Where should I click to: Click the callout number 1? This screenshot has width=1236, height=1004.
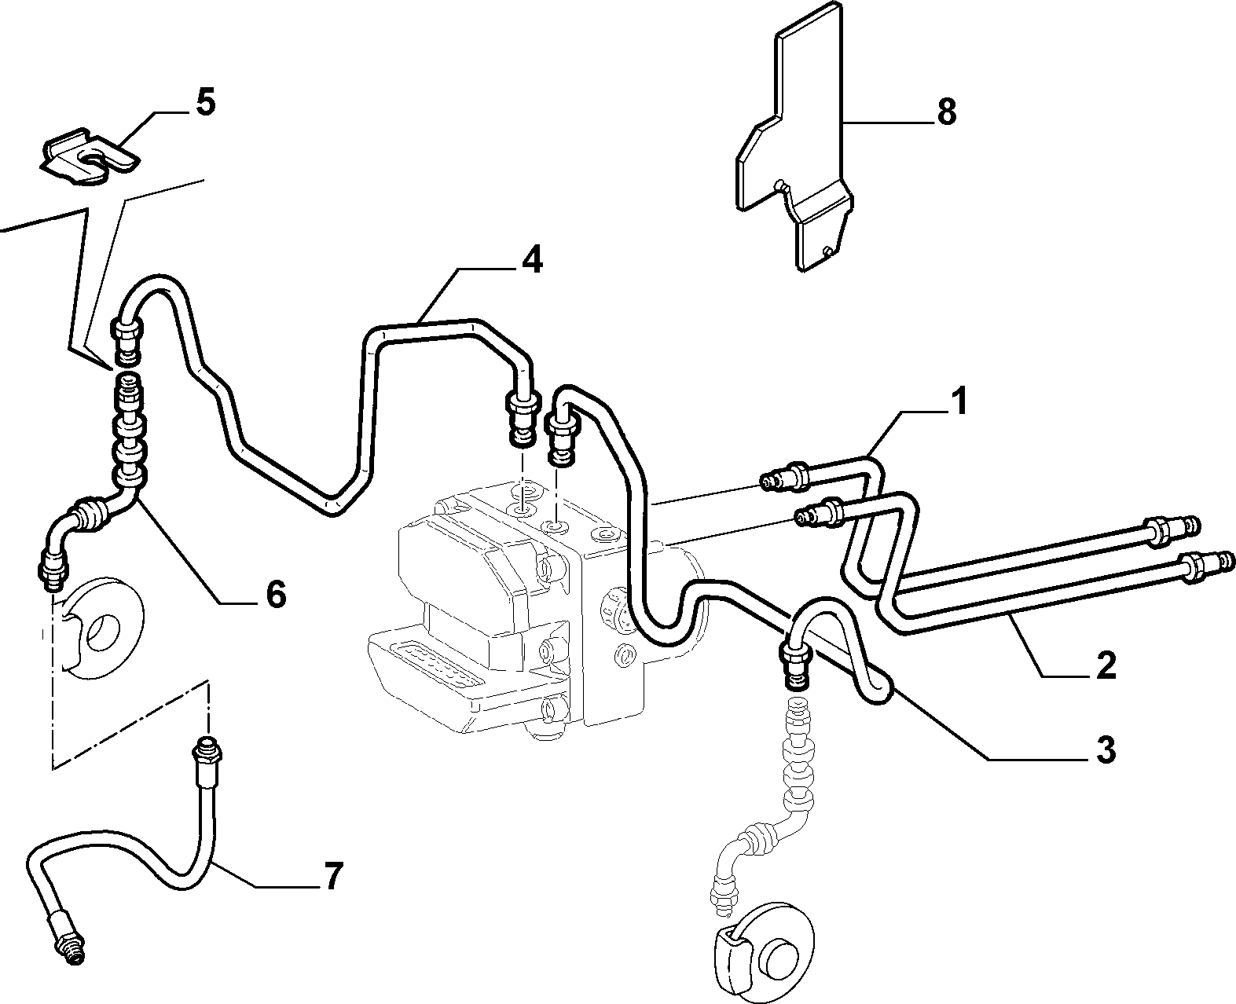tap(959, 402)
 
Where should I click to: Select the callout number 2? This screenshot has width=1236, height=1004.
tap(1106, 665)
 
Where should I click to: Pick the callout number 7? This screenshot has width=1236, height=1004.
tap(332, 876)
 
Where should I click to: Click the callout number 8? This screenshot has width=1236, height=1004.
tap(946, 112)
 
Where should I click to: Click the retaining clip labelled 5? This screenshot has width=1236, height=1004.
tap(90, 160)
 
